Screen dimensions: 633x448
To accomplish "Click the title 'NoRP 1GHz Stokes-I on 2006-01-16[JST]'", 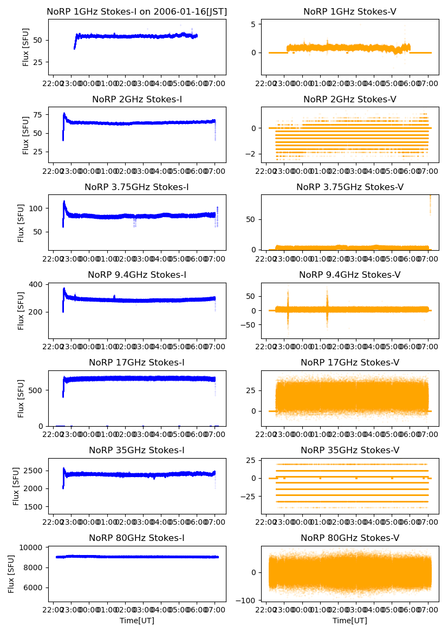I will point(137,12).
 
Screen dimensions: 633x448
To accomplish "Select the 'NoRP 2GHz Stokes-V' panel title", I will point(350,100).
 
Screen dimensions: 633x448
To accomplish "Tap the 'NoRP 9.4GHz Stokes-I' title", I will point(137,275).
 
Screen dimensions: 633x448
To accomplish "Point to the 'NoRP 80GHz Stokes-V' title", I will point(350,538).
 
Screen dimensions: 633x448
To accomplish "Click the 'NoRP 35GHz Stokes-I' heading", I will point(137,451).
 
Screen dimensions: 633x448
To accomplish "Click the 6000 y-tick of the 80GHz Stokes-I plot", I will point(35,588).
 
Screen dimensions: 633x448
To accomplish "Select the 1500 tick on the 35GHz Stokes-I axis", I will point(35,507).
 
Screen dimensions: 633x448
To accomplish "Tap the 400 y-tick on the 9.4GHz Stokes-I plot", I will point(37,285).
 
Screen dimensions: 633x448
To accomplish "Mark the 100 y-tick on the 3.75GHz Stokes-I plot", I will point(37,208).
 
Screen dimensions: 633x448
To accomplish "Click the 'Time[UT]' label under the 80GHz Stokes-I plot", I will point(137,621).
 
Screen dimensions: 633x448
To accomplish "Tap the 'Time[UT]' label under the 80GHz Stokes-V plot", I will point(350,621).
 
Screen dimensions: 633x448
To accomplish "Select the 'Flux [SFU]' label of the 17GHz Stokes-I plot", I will point(21,399).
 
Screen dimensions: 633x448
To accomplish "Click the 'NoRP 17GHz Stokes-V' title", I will point(350,363).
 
